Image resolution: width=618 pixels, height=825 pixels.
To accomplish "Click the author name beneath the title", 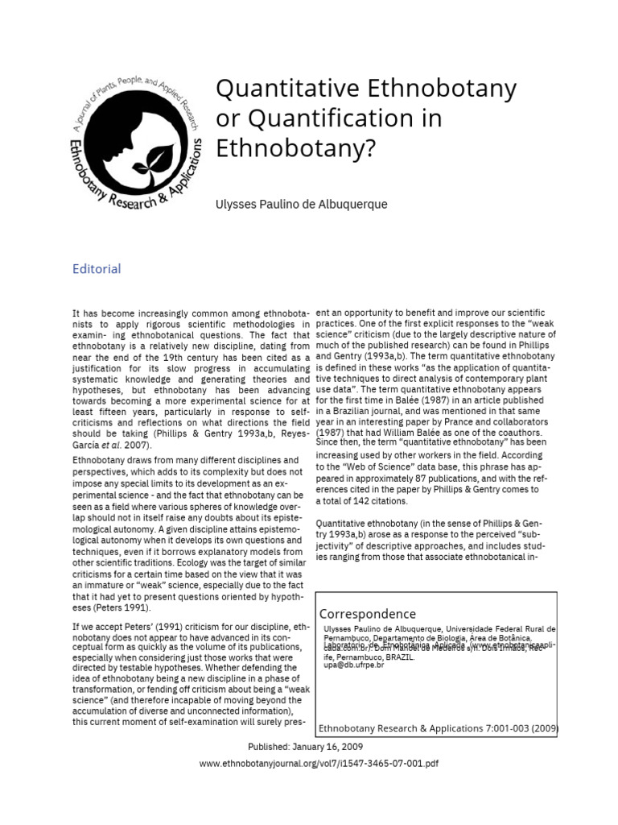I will [x=301, y=205].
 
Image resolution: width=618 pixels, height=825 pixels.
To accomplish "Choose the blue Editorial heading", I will [x=97, y=269].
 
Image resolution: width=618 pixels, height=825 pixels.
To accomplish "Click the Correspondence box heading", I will [x=368, y=614].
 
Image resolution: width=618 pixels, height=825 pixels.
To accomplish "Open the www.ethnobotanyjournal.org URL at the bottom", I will [x=319, y=763].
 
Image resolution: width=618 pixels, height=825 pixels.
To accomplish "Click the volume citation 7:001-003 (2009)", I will [x=515, y=728].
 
